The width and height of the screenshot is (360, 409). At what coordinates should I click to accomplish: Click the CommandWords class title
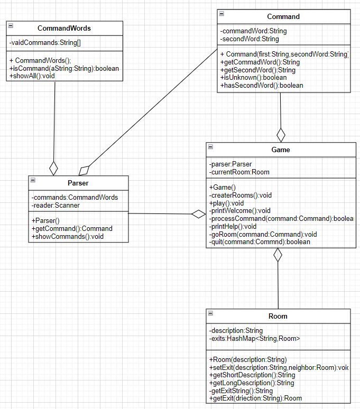click(x=64, y=28)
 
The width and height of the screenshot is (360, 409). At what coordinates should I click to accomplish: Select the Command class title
click(x=283, y=16)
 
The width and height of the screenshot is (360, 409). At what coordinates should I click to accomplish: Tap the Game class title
click(x=281, y=150)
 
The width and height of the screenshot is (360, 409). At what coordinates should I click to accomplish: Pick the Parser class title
click(x=78, y=183)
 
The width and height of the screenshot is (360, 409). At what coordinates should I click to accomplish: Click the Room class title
click(x=278, y=316)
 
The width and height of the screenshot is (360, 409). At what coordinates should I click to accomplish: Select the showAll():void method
click(x=32, y=76)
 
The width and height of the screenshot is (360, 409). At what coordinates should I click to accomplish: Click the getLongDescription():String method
click(x=252, y=383)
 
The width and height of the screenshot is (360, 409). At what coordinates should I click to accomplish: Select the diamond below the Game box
click(x=278, y=256)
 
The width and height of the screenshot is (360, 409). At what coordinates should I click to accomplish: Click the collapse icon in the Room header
click(x=211, y=313)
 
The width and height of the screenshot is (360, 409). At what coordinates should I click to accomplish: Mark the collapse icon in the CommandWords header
click(x=11, y=25)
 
